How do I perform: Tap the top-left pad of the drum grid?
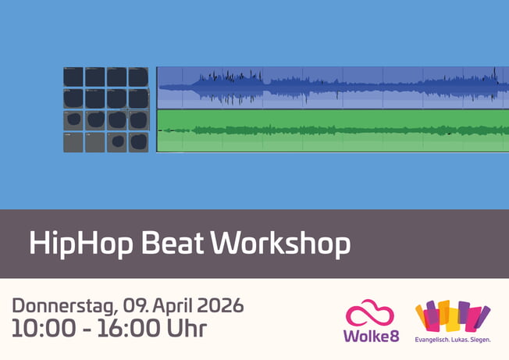pyautogui.click(x=73, y=77)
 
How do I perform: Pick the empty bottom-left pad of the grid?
pyautogui.click(x=73, y=141)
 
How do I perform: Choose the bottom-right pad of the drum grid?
pyautogui.click(x=138, y=141)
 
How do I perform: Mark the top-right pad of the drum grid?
pyautogui.click(x=138, y=77)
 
